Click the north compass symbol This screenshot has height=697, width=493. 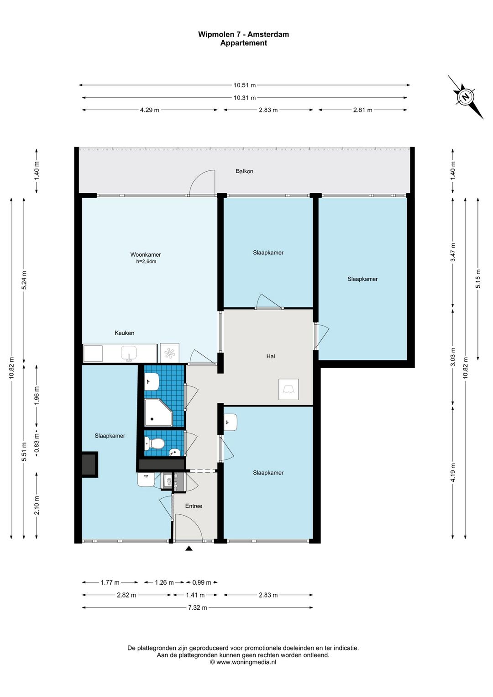[466, 97]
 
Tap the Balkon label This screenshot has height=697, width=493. [244, 171]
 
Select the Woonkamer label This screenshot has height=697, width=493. [146, 254]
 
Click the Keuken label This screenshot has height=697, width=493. [125, 333]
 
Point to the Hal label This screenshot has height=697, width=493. [271, 356]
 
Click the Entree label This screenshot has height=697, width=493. [194, 506]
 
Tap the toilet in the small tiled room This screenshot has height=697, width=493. [154, 443]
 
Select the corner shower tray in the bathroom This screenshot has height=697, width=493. [158, 412]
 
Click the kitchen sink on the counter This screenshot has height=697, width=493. [129, 354]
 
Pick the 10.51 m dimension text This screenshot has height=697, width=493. [245, 85]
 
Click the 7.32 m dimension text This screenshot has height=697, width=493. [198, 607]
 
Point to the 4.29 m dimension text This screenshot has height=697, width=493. [150, 110]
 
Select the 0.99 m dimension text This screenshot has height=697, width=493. [202, 582]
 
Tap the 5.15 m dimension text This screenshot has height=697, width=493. [478, 279]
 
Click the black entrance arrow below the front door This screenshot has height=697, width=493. [189, 549]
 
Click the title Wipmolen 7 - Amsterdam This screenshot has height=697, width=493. [244, 34]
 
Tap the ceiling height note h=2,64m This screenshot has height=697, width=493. [146, 262]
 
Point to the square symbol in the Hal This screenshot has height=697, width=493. [288, 389]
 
